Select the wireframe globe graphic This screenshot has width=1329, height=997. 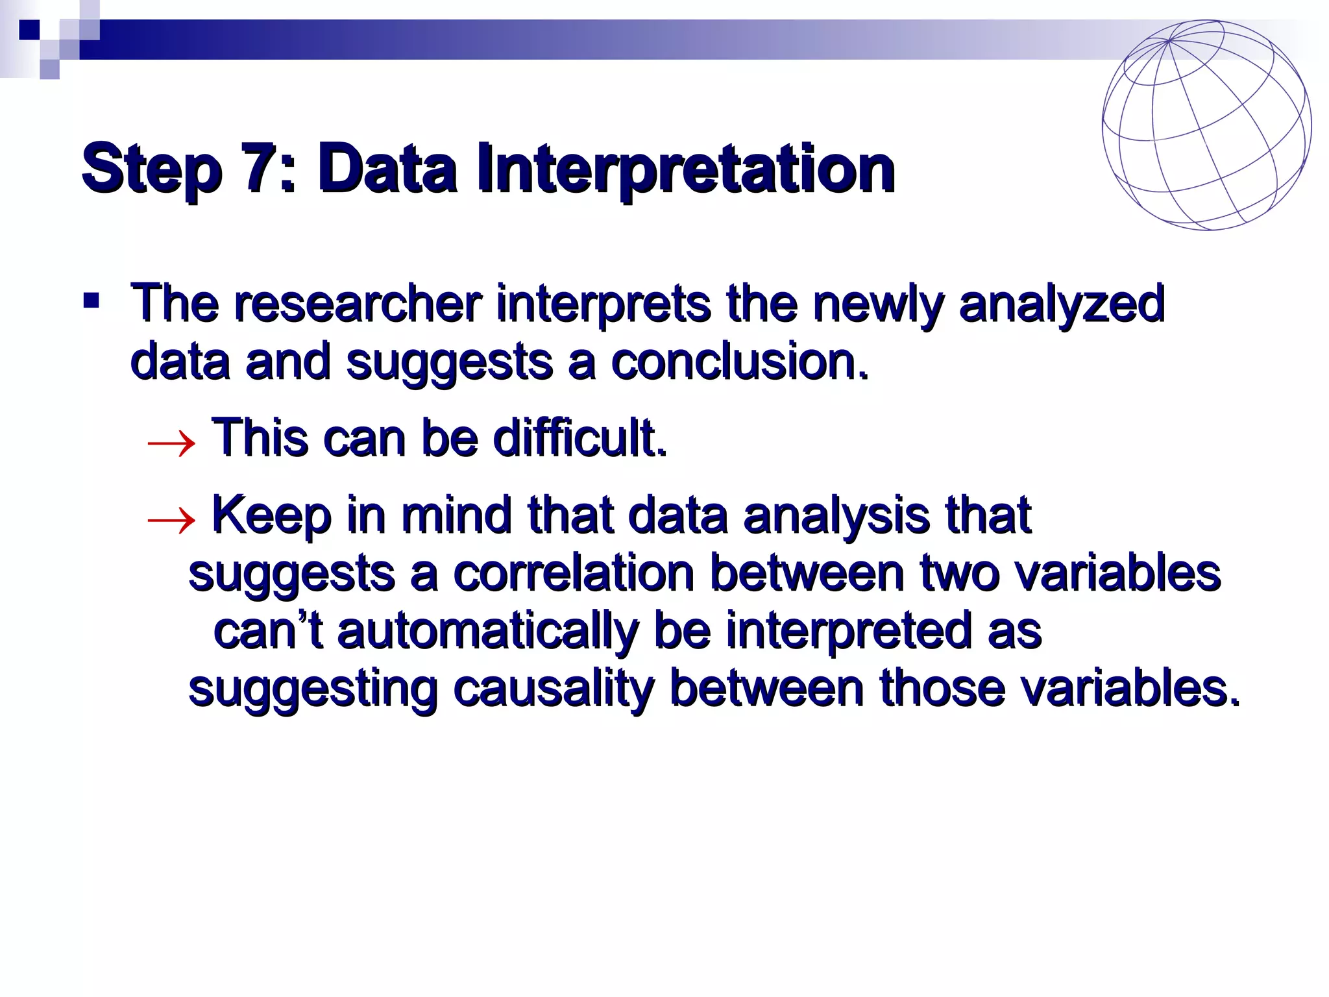(1206, 125)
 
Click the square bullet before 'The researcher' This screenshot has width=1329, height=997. (91, 301)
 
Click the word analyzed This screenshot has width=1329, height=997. (1061, 304)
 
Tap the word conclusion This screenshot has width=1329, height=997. (738, 361)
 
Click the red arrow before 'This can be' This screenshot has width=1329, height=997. (171, 444)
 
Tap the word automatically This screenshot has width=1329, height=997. (487, 631)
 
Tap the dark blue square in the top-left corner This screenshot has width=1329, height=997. (29, 30)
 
